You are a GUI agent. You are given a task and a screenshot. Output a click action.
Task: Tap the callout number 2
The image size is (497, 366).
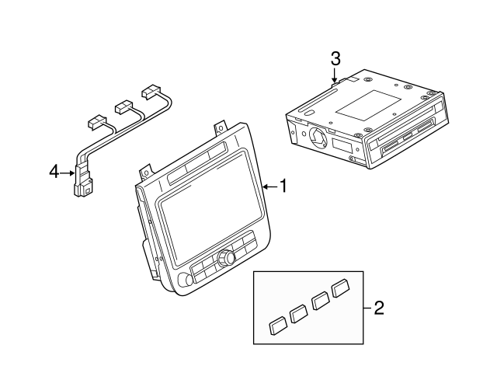pyautogui.click(x=379, y=308)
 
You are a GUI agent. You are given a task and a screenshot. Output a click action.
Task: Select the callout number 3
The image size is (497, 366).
pyautogui.click(x=335, y=58)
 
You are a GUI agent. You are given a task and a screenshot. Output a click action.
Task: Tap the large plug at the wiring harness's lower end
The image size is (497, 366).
pyautogui.click(x=82, y=189)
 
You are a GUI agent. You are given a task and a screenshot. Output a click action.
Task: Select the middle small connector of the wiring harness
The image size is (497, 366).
pyautogui.click(x=123, y=105)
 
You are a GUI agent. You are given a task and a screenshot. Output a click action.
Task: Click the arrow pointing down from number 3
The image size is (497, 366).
pyautogui.click(x=334, y=75)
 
